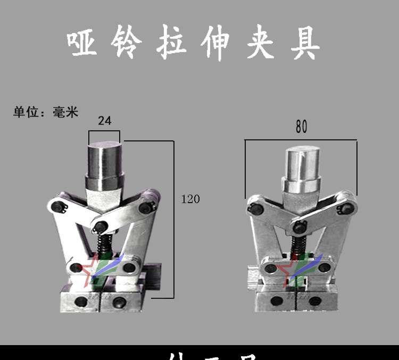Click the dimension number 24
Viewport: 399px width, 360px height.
pos(105,121)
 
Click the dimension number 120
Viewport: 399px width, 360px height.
pos(190,199)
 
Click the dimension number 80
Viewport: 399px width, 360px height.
pos(301,128)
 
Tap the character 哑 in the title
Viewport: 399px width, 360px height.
pos(83,43)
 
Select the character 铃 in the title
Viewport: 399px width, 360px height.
pos(127,43)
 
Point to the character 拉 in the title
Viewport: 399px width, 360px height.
pos(172,43)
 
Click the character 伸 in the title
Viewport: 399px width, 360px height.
pos(216,43)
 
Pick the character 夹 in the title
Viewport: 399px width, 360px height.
pos(260,43)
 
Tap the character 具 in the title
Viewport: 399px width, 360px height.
pos(305,43)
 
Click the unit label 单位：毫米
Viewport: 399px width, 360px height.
pos(46,112)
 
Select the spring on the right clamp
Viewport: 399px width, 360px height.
pos(300,246)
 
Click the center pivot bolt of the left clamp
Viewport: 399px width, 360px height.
pos(99,227)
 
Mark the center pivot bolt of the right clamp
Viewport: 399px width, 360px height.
pos(300,228)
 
